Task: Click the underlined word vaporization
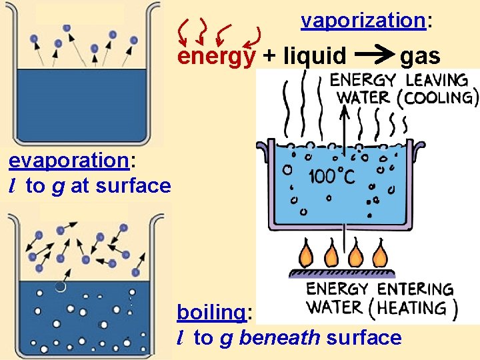(x=363, y=21)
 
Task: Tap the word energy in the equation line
(x=215, y=57)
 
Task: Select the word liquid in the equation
(x=315, y=57)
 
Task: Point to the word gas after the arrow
(x=420, y=57)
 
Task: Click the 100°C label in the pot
(x=331, y=177)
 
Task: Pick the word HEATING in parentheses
(x=419, y=308)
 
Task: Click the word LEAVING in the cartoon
(x=437, y=80)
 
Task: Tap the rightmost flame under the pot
(x=379, y=255)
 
